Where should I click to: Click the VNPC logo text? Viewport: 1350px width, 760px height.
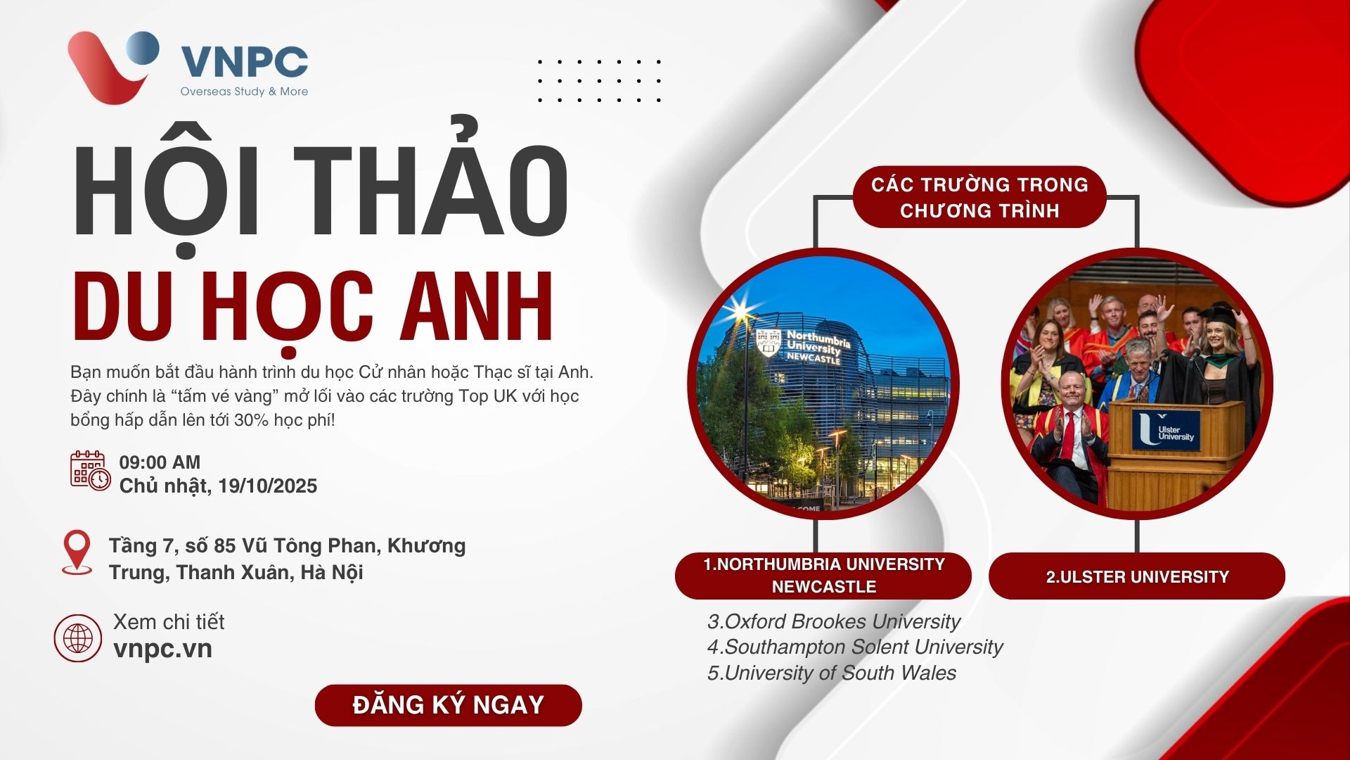click(244, 61)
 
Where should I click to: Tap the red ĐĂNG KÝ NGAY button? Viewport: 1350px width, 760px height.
click(449, 704)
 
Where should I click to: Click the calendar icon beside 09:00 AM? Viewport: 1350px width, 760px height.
click(90, 471)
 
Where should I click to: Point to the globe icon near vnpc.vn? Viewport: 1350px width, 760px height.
click(78, 638)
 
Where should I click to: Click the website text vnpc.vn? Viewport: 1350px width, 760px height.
click(162, 649)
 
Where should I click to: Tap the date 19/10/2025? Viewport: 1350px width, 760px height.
click(267, 486)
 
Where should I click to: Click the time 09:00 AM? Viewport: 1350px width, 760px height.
click(160, 462)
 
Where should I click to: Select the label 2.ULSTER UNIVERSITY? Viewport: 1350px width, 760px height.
click(1137, 576)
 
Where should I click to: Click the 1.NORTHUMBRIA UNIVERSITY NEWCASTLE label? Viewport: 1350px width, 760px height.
click(823, 576)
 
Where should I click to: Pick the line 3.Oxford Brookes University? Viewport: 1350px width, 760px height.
click(833, 621)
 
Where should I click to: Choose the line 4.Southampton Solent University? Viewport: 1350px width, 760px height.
click(855, 647)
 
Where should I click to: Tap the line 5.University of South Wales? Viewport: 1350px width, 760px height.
click(832, 673)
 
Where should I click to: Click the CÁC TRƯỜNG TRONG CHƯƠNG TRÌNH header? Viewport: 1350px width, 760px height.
click(979, 197)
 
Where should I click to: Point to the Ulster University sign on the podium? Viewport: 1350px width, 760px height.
click(1166, 430)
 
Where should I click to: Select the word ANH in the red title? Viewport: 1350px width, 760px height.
click(477, 306)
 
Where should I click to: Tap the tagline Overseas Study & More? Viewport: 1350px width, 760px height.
click(244, 91)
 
